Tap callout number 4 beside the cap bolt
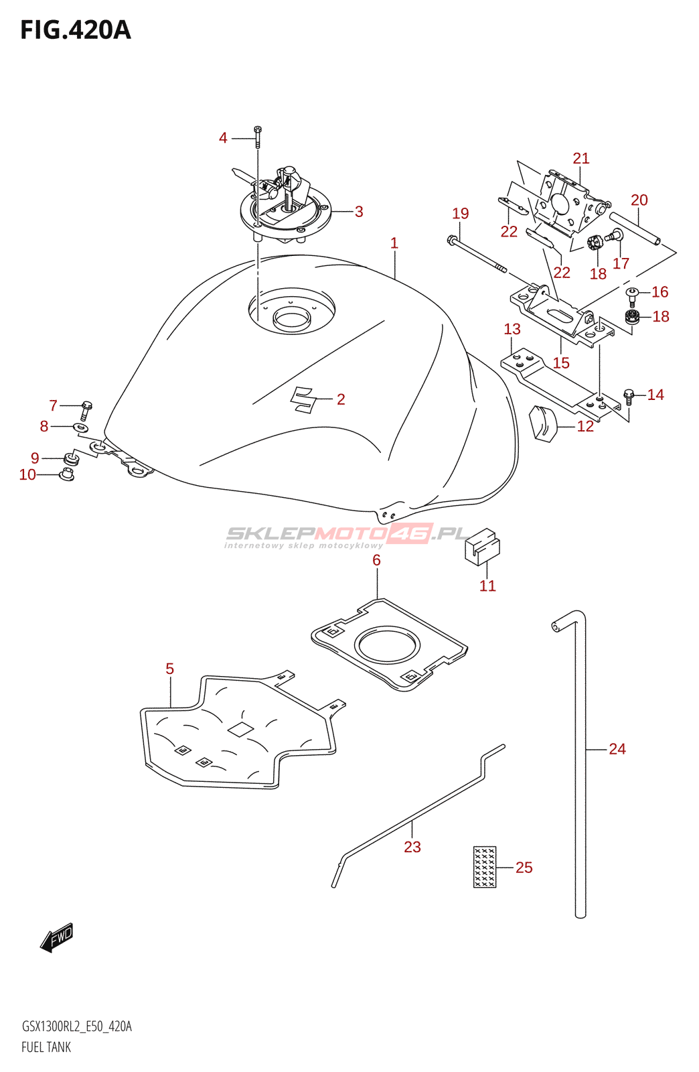pos(223,138)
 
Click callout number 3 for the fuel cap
pos(359,212)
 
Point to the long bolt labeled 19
pos(477,255)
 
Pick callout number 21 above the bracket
pos(581,158)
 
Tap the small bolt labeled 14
pos(628,397)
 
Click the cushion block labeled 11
pos(482,547)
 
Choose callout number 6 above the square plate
pos(376,560)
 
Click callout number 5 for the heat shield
pos(170,669)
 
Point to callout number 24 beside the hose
pos(617,749)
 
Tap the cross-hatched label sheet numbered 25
pos(484,867)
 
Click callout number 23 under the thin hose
pos(412,847)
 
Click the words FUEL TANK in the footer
pos(46,1048)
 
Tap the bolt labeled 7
pos(86,410)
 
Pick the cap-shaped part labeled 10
pos(66,475)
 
